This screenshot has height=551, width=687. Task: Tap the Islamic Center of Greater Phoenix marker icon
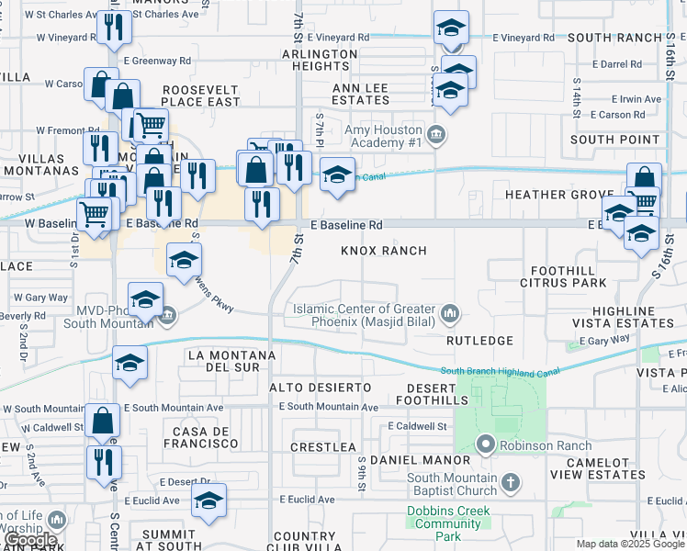(x=450, y=316)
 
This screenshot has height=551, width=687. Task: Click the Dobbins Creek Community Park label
(x=449, y=523)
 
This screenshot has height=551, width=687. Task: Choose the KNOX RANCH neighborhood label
(x=384, y=251)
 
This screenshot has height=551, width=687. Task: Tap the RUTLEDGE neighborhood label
(x=479, y=341)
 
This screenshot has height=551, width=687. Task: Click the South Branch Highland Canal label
(x=500, y=371)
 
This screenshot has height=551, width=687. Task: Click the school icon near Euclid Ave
(x=209, y=501)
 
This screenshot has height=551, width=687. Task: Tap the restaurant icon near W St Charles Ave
(x=115, y=28)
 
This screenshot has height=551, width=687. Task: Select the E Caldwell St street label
(x=417, y=427)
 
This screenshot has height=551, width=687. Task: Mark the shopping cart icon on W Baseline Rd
(x=95, y=215)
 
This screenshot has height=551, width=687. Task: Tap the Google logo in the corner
(x=30, y=541)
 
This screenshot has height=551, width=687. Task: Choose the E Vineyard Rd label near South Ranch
(x=524, y=38)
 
